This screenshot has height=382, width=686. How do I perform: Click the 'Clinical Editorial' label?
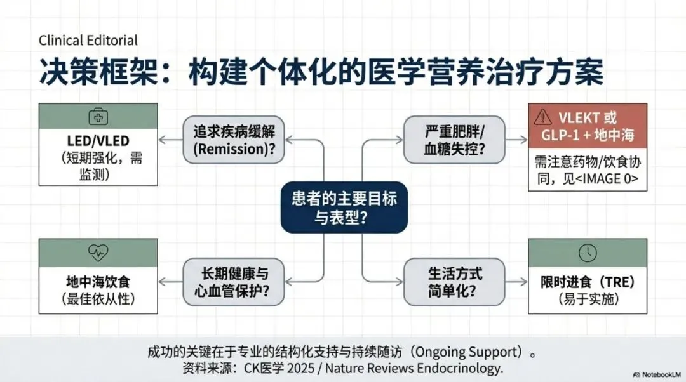point(88,41)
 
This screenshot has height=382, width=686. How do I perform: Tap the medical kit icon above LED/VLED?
point(98,117)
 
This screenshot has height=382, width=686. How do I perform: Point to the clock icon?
point(588,253)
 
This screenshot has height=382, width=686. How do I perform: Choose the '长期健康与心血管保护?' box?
point(234,282)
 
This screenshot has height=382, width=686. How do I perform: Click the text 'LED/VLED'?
point(98,141)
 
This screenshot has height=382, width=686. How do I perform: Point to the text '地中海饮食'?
point(98,281)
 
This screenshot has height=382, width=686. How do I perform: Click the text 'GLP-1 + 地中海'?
point(588,135)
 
